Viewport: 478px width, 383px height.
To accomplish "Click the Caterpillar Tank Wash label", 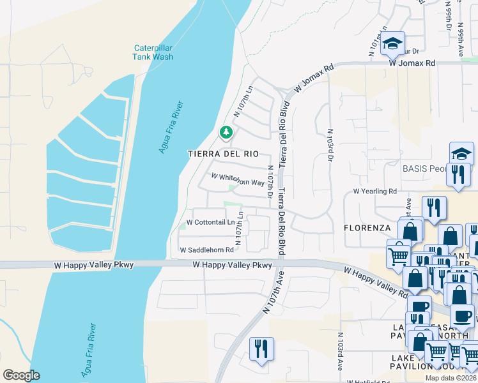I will [x=153, y=52].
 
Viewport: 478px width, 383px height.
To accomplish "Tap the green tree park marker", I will [x=225, y=133].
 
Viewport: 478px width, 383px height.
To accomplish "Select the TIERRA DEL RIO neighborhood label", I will [x=223, y=154].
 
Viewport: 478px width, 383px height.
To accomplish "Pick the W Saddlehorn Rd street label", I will [x=206, y=250].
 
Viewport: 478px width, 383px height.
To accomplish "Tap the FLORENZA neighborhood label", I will [x=367, y=227].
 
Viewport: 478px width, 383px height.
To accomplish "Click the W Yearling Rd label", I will [x=375, y=191].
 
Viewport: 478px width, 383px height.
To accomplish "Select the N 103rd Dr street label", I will [x=330, y=125].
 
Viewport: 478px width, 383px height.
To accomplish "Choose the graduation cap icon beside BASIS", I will [x=461, y=153].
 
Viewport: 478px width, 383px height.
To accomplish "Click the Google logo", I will [x=21, y=375].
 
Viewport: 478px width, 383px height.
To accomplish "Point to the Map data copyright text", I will [x=451, y=378].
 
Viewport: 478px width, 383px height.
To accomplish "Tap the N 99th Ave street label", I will [x=460, y=41].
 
